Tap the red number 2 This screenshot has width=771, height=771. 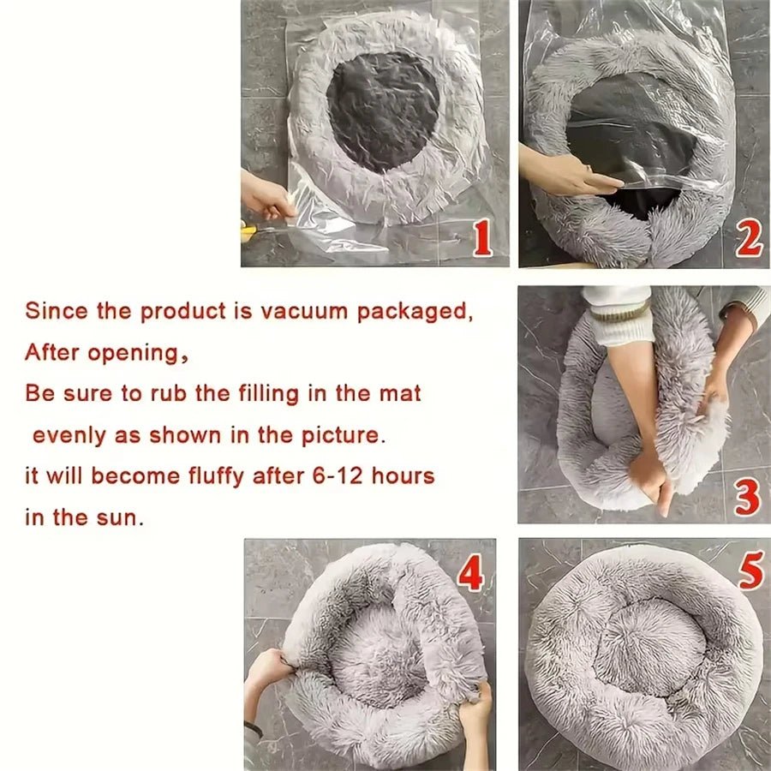coord(748,241)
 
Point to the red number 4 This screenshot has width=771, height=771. coord(470,574)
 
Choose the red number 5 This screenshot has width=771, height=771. coord(750,571)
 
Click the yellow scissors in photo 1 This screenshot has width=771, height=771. coord(249,230)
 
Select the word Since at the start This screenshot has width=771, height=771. coord(56,311)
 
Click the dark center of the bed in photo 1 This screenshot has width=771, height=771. coord(382,110)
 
